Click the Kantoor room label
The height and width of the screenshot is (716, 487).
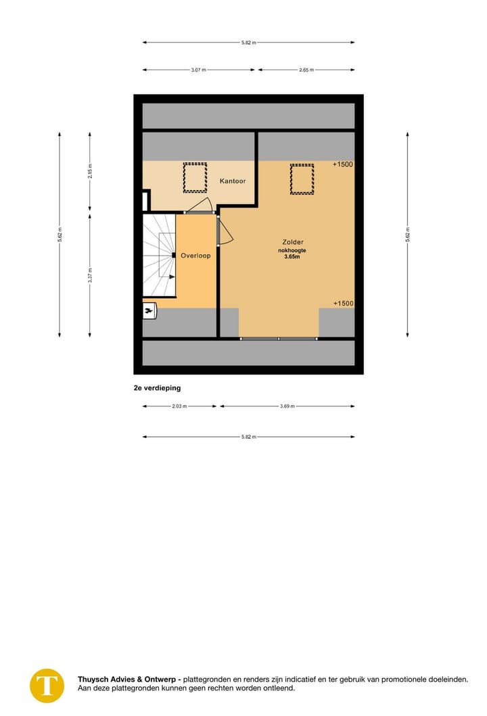point(233,181)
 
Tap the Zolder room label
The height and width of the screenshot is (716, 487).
point(293,241)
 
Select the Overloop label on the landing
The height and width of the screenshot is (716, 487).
point(195,256)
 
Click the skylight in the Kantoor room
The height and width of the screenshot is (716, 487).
point(195,178)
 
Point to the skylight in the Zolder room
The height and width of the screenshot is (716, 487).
point(302,179)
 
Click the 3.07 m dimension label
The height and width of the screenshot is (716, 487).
point(198,70)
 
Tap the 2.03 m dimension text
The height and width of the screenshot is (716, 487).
point(179,406)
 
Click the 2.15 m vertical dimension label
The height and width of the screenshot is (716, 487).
point(90,171)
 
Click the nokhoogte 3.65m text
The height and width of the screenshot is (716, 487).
point(292,254)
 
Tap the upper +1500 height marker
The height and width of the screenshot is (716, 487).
point(343,164)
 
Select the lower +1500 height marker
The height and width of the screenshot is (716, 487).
point(343,304)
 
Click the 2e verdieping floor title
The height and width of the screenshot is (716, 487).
point(157,388)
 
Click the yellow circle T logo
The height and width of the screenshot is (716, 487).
point(47,684)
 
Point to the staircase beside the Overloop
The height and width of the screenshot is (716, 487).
point(159,256)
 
